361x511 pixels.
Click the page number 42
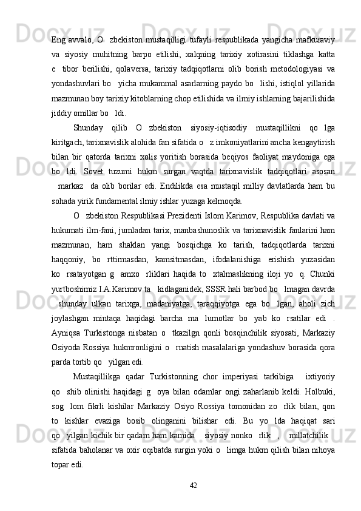point(194,484)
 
